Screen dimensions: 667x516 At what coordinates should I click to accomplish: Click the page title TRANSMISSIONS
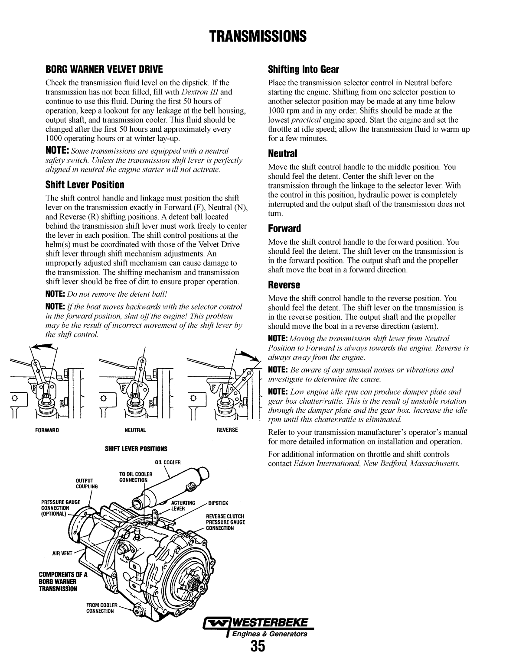(258, 36)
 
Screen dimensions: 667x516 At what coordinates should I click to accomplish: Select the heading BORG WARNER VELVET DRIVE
(104, 69)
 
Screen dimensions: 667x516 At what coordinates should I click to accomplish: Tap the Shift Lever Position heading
(85, 185)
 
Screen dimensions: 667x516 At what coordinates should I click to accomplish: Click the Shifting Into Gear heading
(303, 69)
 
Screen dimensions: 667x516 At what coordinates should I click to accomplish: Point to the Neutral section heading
(282, 154)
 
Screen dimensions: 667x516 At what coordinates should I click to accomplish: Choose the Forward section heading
(284, 229)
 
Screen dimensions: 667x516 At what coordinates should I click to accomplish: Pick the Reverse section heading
(284, 285)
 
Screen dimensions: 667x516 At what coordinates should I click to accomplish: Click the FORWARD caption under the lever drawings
(47, 430)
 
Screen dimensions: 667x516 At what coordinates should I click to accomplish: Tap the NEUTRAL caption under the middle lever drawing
(135, 430)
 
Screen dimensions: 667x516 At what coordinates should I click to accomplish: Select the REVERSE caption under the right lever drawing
(227, 430)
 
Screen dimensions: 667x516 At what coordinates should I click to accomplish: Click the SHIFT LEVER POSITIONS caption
(136, 449)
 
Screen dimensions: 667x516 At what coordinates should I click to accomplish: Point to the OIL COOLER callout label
(167, 463)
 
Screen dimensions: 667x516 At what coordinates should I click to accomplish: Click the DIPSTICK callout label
(218, 503)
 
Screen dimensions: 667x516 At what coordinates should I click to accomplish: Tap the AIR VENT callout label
(62, 554)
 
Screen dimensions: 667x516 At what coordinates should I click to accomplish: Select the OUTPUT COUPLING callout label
(87, 483)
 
